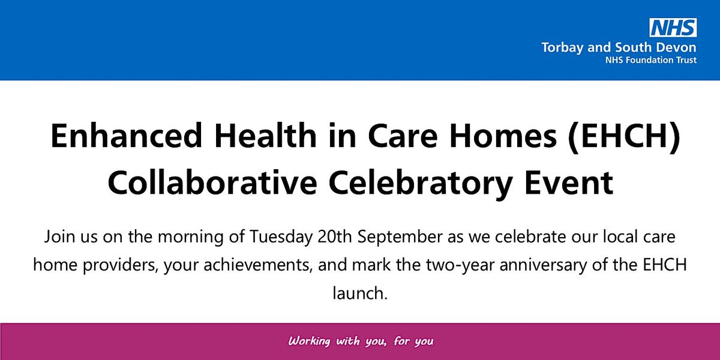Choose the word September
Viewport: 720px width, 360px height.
click(401, 236)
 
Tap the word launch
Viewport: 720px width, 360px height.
click(358, 294)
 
